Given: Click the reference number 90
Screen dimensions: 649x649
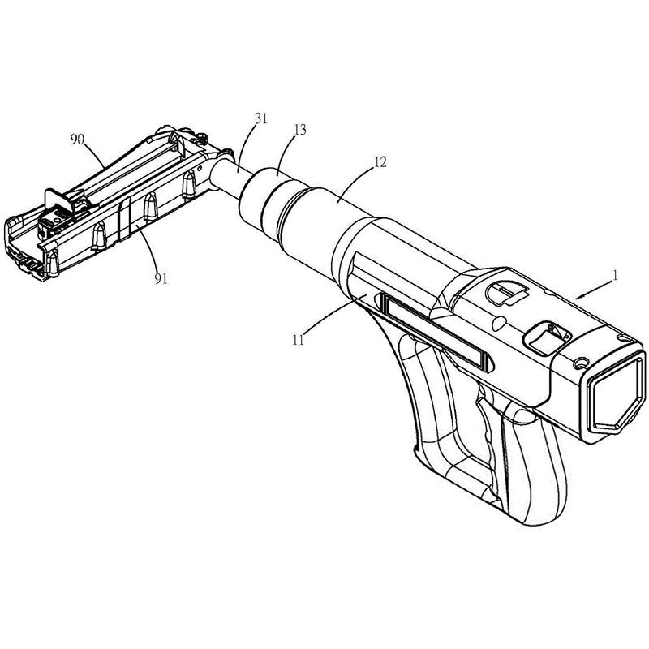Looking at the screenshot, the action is [77, 140].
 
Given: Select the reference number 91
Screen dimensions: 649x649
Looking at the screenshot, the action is [161, 278].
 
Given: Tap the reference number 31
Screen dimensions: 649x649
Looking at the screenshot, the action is [261, 118].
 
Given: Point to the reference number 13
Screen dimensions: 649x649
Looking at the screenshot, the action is [299, 130].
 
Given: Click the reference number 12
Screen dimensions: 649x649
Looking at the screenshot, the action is [380, 161].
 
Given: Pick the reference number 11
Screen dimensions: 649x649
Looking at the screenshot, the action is [298, 339].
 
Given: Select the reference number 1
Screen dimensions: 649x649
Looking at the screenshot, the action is [615, 275].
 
